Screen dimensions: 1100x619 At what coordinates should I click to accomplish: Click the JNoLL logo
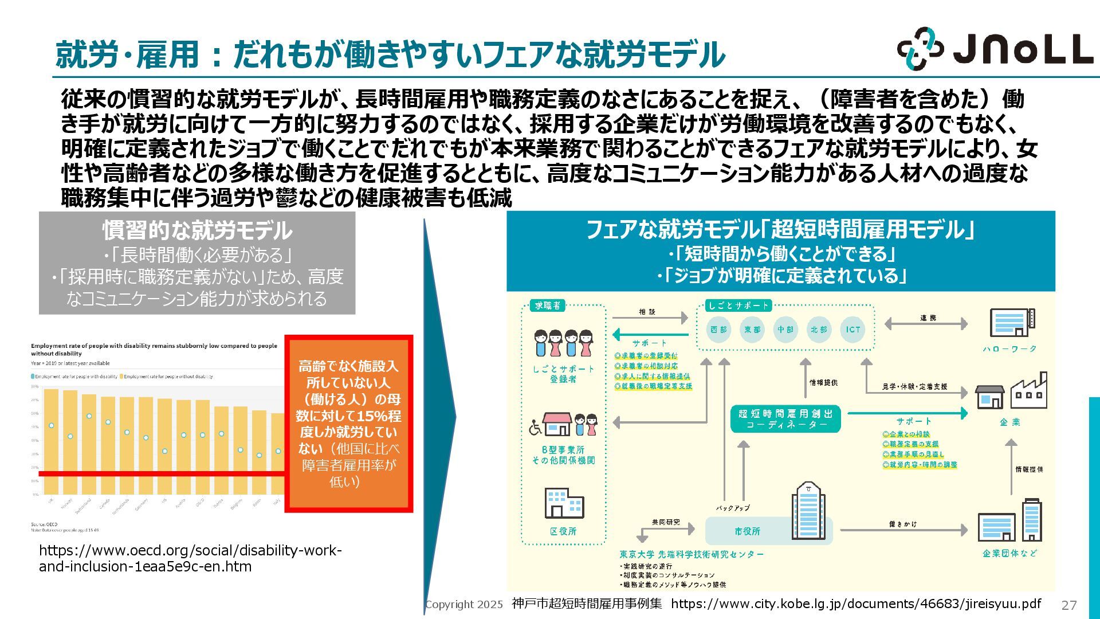coord(995,49)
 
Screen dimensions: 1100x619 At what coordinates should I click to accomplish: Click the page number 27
coord(1069,605)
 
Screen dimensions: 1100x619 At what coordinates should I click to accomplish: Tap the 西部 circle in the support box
coord(718,330)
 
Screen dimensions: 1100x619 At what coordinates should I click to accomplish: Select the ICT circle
coord(852,330)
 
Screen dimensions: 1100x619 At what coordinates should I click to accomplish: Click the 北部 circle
coord(819,330)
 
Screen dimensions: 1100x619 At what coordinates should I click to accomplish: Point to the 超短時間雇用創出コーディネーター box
coord(785,418)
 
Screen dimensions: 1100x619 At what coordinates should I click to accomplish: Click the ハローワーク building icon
coord(1012,323)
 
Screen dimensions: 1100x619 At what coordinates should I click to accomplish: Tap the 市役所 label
coord(747,531)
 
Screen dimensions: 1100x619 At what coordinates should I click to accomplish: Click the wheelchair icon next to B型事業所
coord(535,428)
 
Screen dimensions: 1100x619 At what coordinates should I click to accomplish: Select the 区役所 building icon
coord(564,503)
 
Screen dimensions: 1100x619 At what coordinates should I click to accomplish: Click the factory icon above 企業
coord(1029,391)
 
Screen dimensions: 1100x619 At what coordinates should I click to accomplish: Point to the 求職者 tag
coord(548,305)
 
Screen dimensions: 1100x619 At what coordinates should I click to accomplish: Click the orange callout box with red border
coord(349,424)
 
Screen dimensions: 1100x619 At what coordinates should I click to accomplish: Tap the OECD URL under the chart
coord(190,558)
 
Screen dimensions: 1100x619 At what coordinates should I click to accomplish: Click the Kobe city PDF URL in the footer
coord(856,604)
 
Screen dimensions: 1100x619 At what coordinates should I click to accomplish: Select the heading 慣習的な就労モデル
coord(197,230)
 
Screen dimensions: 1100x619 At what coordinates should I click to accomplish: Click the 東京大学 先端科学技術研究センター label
coord(692,554)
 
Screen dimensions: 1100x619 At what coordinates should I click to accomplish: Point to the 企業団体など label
coord(1009,553)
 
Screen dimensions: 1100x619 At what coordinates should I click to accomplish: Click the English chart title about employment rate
coord(154,349)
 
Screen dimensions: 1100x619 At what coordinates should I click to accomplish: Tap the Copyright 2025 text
coord(465,604)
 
